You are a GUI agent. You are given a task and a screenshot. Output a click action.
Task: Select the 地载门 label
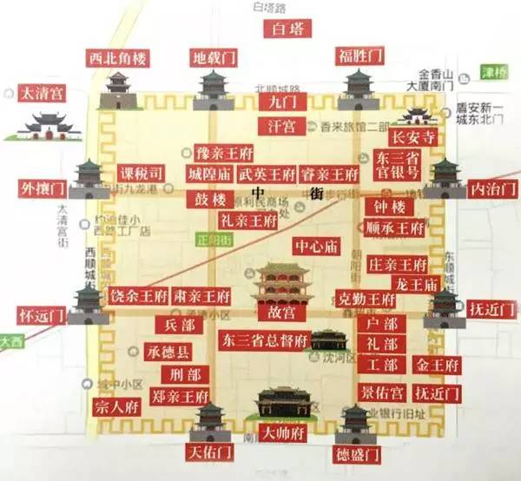[214, 59]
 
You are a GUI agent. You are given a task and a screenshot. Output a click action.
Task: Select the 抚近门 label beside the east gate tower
[491, 309]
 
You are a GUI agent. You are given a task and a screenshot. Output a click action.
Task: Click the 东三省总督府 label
[259, 339]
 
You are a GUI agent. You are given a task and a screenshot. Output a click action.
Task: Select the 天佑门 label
[210, 451]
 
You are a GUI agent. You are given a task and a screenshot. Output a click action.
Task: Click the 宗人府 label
[116, 405]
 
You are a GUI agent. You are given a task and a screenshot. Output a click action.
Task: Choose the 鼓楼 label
[210, 199]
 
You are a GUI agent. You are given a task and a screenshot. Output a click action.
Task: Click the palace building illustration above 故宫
[282, 280]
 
